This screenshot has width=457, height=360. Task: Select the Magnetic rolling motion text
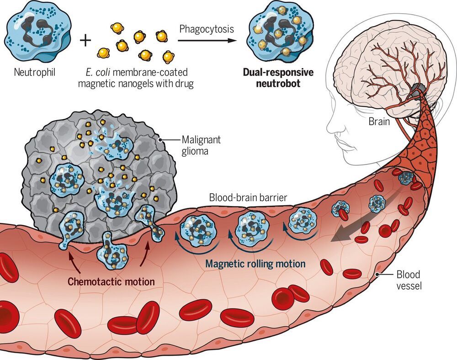tap(255, 264)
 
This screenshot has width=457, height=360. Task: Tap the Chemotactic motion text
tap(111, 281)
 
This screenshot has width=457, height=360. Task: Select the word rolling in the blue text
tap(260, 264)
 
